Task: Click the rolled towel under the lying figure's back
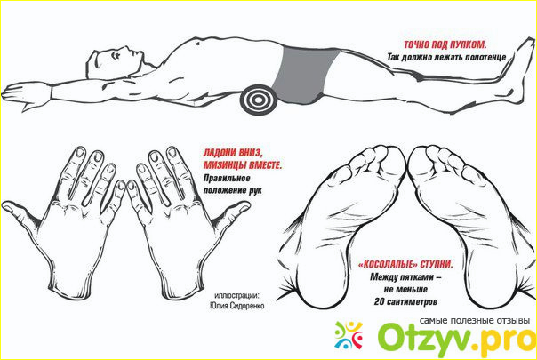tap(258, 99)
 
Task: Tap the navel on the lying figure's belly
tap(197, 44)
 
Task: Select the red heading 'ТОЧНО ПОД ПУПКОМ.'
tap(445, 44)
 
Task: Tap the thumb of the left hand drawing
tap(20, 213)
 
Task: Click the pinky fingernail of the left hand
tap(121, 185)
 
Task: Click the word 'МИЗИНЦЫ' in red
tap(225, 165)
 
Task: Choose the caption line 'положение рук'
tap(233, 190)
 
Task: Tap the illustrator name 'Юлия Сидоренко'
tap(237, 306)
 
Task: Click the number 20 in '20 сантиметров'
tap(379, 301)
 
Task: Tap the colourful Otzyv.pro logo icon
tap(349, 334)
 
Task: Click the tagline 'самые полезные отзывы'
tap(475, 321)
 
